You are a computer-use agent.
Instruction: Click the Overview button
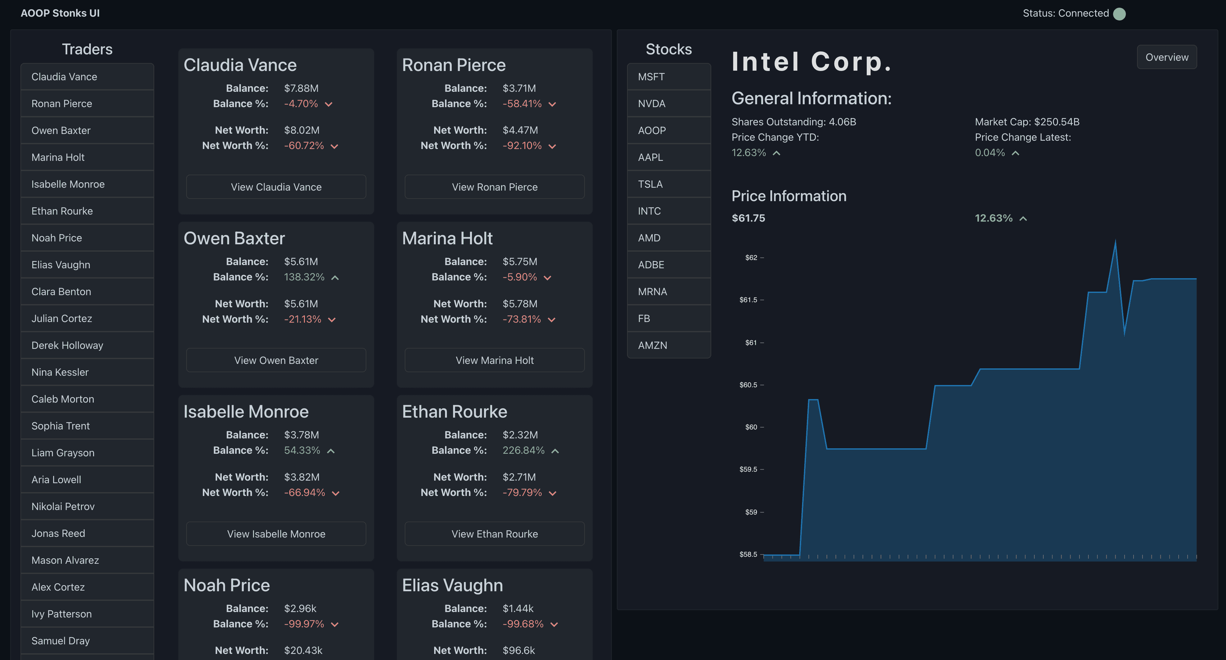coord(1166,57)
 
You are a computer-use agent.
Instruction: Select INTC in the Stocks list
coord(668,211)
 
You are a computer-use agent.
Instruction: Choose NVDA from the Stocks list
coord(668,104)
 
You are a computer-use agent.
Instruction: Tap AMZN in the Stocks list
coord(668,345)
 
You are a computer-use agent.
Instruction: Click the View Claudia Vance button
coord(276,187)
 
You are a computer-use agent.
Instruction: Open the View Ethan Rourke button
coord(495,534)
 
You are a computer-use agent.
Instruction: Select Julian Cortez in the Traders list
coord(87,319)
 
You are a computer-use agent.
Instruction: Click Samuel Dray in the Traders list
coord(87,641)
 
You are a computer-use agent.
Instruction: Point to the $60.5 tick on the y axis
coord(749,385)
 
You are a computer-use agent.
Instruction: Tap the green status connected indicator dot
coord(1119,14)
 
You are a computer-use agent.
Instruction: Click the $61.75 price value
coord(748,218)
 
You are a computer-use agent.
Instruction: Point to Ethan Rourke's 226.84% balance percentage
coord(523,451)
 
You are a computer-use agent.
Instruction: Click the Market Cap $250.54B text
coord(1027,122)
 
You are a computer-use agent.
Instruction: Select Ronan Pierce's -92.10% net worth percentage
coord(522,145)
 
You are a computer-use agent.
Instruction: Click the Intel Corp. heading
coord(811,62)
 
